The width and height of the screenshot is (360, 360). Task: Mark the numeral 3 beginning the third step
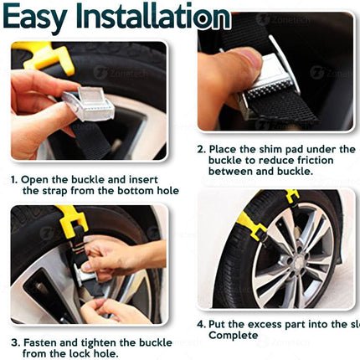(x=14, y=342)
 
